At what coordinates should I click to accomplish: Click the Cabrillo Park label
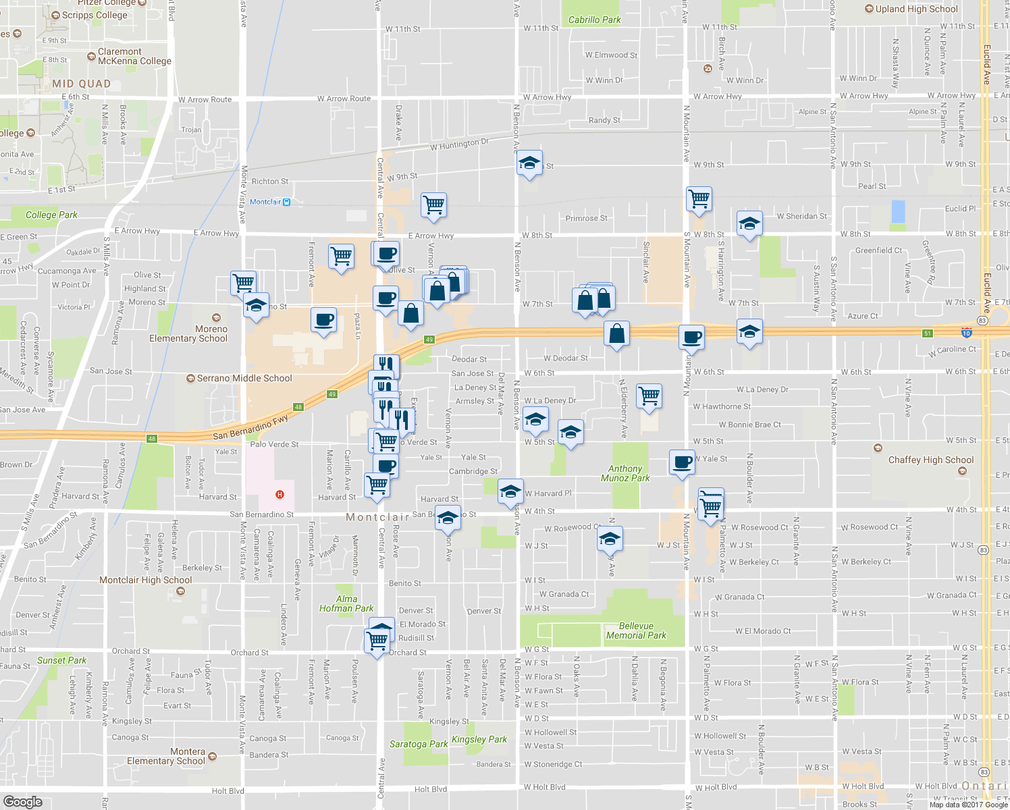point(594,20)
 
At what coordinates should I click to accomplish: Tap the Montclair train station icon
point(286,202)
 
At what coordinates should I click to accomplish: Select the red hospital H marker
point(280,495)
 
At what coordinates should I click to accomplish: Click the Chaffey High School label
point(930,460)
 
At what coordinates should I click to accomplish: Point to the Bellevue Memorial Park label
point(636,630)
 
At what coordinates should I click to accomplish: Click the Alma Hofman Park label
point(346,603)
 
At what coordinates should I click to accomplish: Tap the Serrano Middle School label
point(244,379)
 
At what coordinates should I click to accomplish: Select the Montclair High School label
point(146,580)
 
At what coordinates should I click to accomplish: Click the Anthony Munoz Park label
point(625,473)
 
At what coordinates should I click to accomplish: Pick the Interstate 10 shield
point(966,332)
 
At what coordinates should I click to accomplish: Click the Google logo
point(23,801)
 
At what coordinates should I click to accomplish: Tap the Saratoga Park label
point(419,744)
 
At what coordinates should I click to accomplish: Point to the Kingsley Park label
point(479,739)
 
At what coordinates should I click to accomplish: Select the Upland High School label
point(916,9)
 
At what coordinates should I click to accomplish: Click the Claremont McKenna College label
point(134,56)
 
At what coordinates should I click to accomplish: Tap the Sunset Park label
point(62,660)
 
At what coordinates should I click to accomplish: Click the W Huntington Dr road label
point(460,144)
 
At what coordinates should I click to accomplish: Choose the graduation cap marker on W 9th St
point(529,163)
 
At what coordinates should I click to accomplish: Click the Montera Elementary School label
point(166,756)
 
